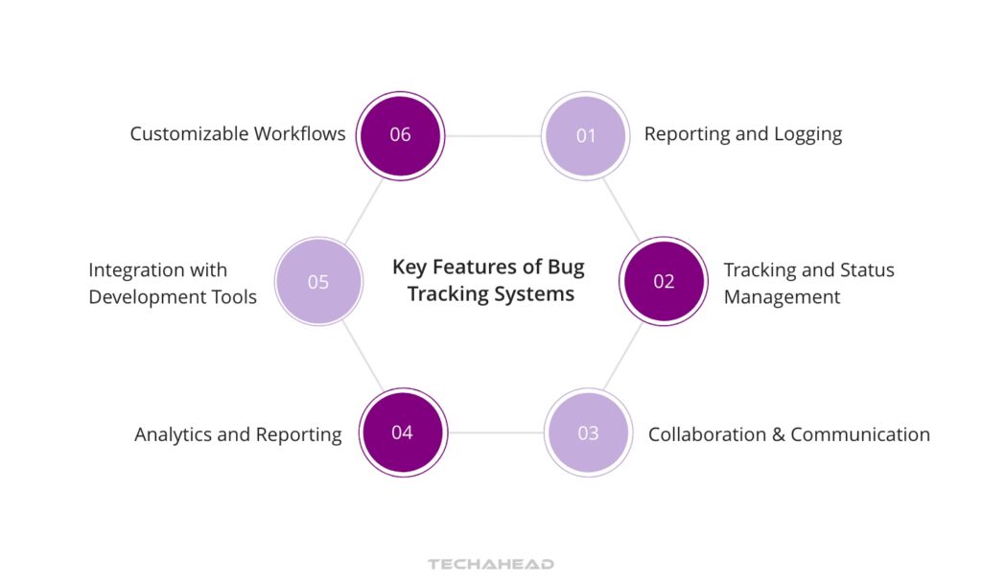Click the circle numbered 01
(585, 135)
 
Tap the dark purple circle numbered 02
(664, 281)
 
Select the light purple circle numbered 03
(588, 432)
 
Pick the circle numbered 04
(402, 432)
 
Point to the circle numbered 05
(318, 282)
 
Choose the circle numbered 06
(400, 135)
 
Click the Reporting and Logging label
(742, 134)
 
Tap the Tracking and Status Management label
(808, 283)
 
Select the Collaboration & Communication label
(788, 434)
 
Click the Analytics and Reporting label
(238, 434)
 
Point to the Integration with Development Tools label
(173, 283)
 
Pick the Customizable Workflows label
(238, 134)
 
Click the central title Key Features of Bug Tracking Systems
(489, 280)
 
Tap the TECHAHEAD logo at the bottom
(490, 564)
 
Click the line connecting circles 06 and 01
(492, 135)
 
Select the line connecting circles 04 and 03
(495, 432)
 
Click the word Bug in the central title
(567, 267)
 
